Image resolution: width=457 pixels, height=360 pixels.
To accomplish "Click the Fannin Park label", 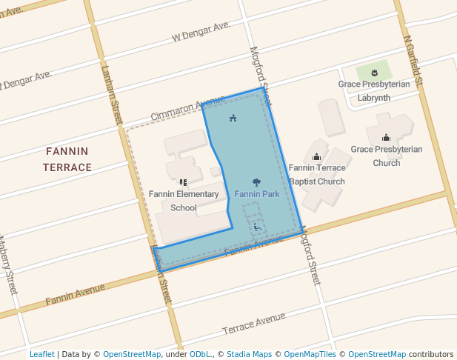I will coord(256,194).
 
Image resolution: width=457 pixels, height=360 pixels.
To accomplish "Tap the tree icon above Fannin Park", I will coord(256,181).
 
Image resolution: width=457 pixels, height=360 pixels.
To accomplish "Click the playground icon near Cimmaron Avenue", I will coord(233,119).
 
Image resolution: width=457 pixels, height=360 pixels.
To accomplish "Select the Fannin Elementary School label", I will coord(184,201).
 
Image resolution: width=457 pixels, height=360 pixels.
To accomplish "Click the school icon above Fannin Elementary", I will coord(183,181).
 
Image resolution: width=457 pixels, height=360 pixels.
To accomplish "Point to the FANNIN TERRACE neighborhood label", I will coord(67,159).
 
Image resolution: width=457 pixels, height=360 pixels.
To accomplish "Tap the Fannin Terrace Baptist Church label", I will coord(316,175).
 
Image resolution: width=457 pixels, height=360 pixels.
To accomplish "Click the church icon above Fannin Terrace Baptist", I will coord(316,157).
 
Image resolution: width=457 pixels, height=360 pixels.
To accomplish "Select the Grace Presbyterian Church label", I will coord(386,156).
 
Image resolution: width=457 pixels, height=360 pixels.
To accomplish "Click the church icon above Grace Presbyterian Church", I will coord(386,138).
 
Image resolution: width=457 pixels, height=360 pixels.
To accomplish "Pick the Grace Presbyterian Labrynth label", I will coord(374,90).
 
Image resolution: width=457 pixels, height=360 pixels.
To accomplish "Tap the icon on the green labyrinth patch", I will coord(374,73).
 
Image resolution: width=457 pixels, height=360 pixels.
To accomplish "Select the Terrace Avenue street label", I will coord(253,323).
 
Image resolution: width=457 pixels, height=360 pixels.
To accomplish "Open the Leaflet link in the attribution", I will coord(41,354).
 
